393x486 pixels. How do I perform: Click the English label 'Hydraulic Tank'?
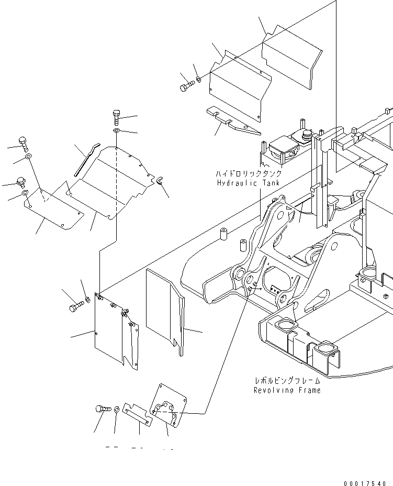248,183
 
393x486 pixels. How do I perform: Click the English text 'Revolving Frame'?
287,390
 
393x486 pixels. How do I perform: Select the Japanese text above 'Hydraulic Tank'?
248,174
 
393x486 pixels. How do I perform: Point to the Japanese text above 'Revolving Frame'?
287,381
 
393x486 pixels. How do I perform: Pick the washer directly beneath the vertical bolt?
116,130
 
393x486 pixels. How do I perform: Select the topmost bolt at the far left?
24,142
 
